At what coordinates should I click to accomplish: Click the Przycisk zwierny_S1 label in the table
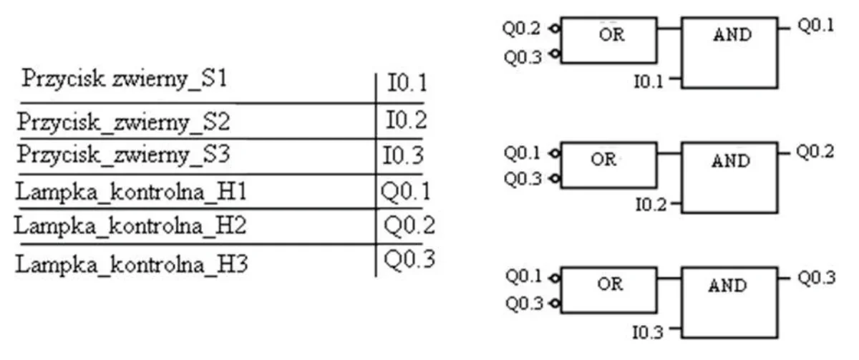pyautogui.click(x=125, y=79)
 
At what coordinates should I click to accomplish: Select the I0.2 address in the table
pyautogui.click(x=406, y=120)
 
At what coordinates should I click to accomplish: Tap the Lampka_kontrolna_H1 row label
pyautogui.click(x=131, y=191)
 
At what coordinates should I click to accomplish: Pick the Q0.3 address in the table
pyautogui.click(x=409, y=259)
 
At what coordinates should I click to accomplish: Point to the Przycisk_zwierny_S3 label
pyautogui.click(x=123, y=155)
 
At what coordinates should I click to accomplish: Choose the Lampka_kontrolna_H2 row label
pyautogui.click(x=130, y=225)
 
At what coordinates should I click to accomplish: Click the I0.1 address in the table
pyautogui.click(x=407, y=83)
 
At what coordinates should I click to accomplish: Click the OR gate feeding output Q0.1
pyautogui.click(x=608, y=40)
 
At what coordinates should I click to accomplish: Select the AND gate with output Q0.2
pyautogui.click(x=729, y=177)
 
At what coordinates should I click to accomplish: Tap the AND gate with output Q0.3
pyautogui.click(x=729, y=303)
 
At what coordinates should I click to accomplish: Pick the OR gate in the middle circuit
pyautogui.click(x=608, y=165)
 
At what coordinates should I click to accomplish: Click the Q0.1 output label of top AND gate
pyautogui.click(x=815, y=26)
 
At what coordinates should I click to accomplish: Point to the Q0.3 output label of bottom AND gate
pyautogui.click(x=817, y=278)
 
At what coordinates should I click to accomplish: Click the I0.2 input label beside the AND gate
pyautogui.click(x=651, y=205)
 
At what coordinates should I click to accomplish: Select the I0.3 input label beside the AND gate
pyautogui.click(x=648, y=332)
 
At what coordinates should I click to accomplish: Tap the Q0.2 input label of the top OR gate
pyautogui.click(x=521, y=29)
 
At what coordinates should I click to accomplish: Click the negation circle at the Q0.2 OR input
pyautogui.click(x=555, y=29)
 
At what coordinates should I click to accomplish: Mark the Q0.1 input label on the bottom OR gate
pyautogui.click(x=523, y=276)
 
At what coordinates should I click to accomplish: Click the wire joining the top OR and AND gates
pyautogui.click(x=669, y=28)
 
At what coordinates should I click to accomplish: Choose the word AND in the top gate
pyautogui.click(x=732, y=35)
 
